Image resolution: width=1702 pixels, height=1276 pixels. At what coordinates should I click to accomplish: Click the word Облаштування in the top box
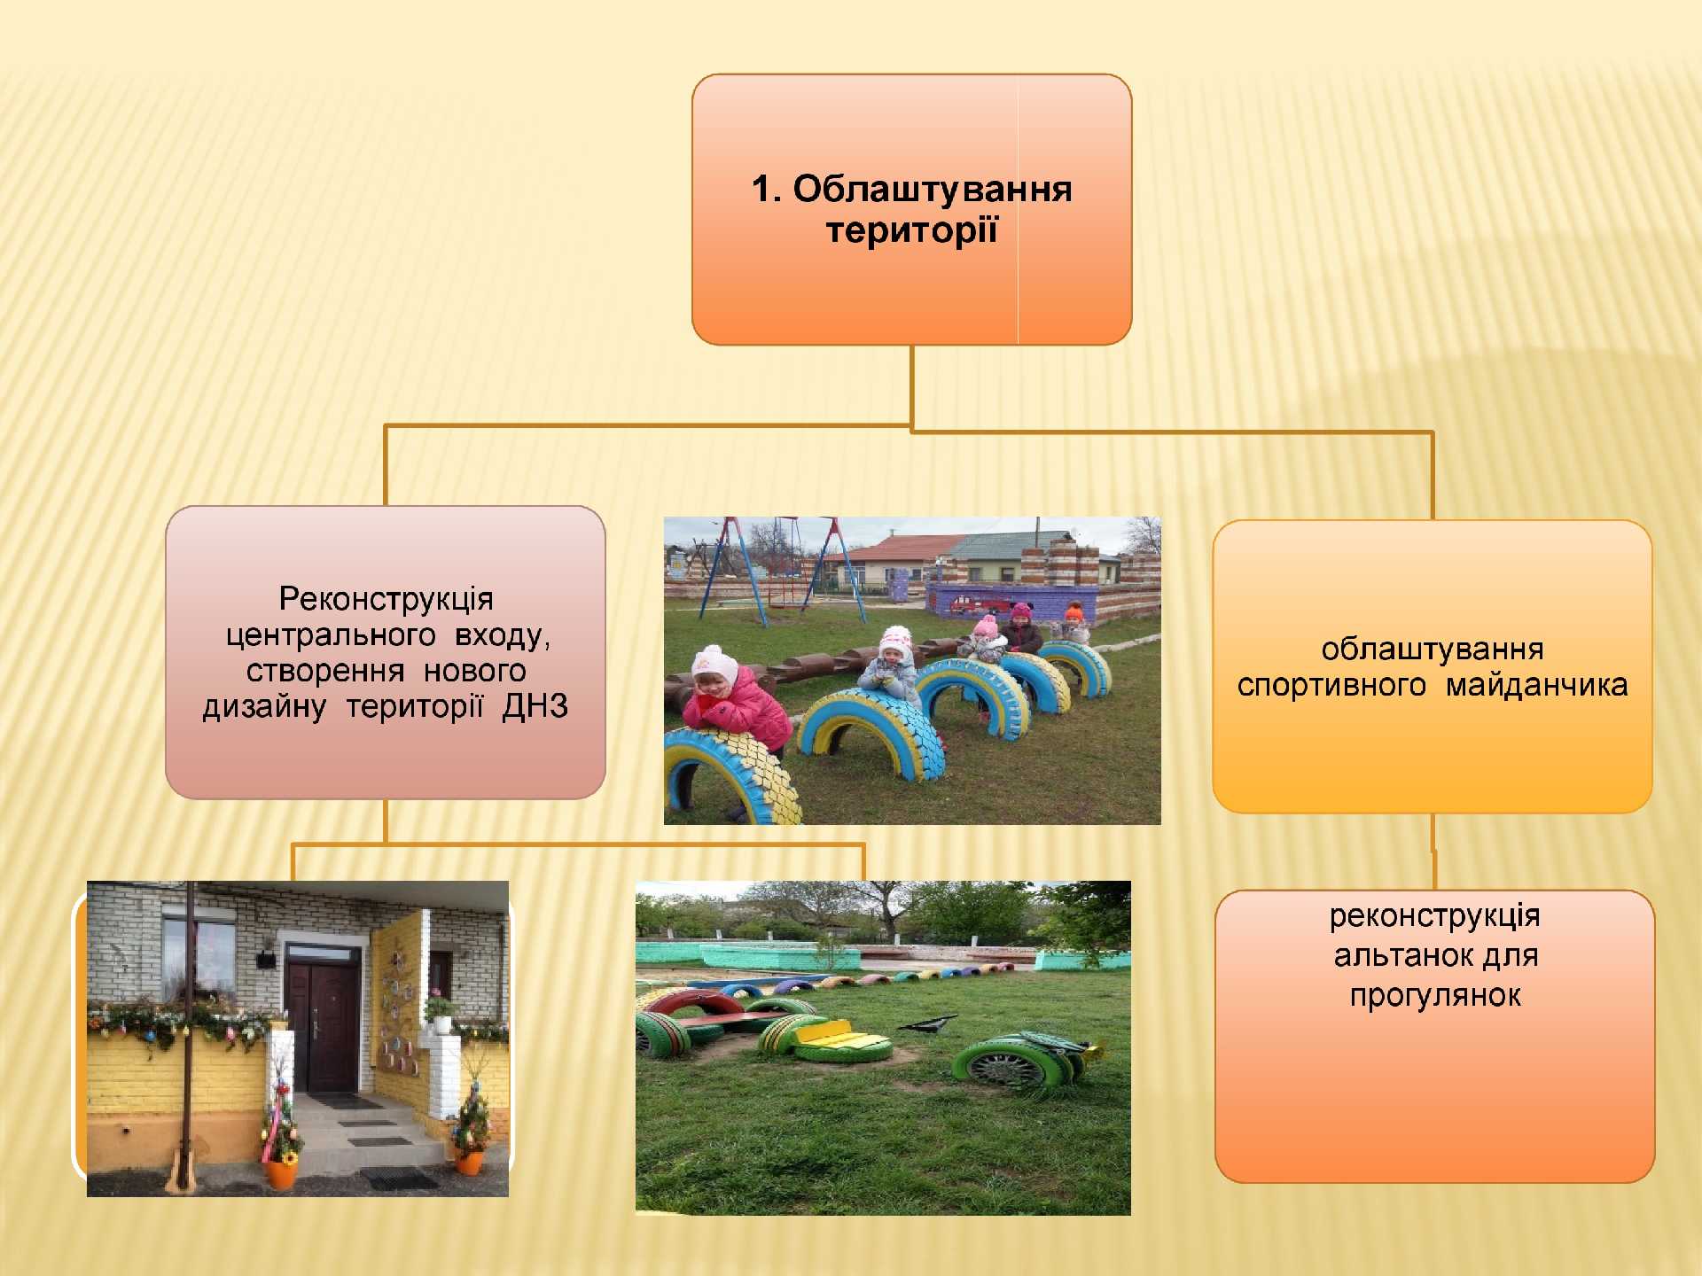(932, 189)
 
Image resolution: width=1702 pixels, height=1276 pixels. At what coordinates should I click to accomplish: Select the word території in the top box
(911, 230)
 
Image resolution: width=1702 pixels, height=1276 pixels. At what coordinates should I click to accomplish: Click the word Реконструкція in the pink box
(386, 599)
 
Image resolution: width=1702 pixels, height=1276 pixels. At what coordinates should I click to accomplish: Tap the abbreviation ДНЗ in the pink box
(535, 706)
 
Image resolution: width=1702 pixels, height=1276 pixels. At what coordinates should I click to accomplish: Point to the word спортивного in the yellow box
(1331, 686)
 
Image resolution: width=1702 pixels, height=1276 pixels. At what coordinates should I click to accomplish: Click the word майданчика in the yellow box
(1536, 685)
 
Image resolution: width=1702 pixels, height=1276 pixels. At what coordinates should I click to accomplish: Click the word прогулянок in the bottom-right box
(1435, 996)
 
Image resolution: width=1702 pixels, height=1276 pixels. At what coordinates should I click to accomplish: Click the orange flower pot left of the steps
(282, 1173)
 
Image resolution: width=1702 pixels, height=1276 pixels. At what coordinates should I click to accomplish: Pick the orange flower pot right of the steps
(470, 1162)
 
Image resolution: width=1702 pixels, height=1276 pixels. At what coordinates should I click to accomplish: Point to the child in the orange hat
(1074, 624)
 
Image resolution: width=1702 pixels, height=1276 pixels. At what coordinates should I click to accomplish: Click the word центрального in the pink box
(331, 635)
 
